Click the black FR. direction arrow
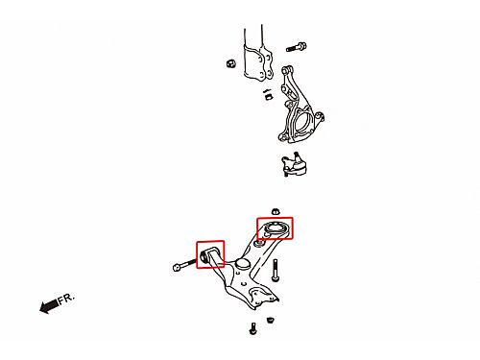click(49, 306)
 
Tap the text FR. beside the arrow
click(66, 299)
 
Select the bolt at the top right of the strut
click(297, 47)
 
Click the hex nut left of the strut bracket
click(230, 63)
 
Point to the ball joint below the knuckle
click(294, 165)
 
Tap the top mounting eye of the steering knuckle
click(286, 70)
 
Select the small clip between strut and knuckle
click(268, 95)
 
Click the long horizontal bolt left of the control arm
click(184, 265)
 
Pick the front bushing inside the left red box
click(204, 256)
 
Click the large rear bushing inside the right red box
click(275, 228)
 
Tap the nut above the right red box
click(276, 211)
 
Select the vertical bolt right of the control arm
click(276, 271)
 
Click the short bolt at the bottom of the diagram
click(252, 328)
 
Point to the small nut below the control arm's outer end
click(270, 320)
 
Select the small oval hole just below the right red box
click(259, 244)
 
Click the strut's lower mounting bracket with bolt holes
click(258, 62)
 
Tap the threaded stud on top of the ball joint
click(297, 156)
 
